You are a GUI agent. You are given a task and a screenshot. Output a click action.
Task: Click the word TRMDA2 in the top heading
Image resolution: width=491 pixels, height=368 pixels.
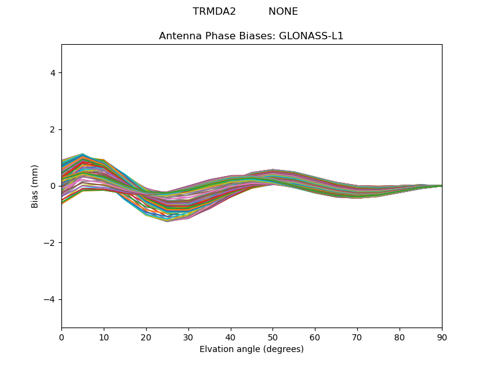pyautogui.click(x=214, y=12)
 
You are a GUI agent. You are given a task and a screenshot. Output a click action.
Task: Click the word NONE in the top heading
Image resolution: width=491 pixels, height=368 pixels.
pyautogui.click(x=283, y=12)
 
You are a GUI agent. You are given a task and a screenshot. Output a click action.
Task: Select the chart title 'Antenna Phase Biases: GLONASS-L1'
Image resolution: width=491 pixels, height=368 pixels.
pyautogui.click(x=251, y=36)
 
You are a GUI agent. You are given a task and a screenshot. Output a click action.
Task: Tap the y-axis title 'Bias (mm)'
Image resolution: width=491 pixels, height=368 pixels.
pyautogui.click(x=35, y=186)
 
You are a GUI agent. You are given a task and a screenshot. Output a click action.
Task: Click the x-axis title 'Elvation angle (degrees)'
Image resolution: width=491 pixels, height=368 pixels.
pyautogui.click(x=251, y=350)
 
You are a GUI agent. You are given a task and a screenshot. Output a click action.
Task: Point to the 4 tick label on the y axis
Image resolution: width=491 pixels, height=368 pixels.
pyautogui.click(x=53, y=73)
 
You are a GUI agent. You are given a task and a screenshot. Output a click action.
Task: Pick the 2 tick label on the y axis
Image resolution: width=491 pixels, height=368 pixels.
pyautogui.click(x=53, y=129)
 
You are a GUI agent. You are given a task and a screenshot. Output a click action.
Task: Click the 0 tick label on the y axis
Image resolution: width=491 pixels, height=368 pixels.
pyautogui.click(x=53, y=186)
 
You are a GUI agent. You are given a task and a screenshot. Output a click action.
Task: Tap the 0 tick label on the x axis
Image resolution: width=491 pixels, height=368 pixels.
pyautogui.click(x=61, y=337)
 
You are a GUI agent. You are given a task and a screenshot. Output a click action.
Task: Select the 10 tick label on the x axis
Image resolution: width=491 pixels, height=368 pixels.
pyautogui.click(x=104, y=337)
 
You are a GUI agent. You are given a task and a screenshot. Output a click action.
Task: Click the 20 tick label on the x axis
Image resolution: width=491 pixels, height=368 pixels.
pyautogui.click(x=146, y=337)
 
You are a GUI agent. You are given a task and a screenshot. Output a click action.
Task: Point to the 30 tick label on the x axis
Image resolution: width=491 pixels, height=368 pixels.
pyautogui.click(x=188, y=337)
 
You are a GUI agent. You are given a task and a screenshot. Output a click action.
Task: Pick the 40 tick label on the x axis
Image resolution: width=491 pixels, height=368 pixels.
pyautogui.click(x=231, y=337)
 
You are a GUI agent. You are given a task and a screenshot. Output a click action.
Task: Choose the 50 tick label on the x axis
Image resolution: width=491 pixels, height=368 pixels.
pyautogui.click(x=273, y=337)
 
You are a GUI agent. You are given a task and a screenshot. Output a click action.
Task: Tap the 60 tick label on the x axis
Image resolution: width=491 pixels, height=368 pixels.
pyautogui.click(x=315, y=337)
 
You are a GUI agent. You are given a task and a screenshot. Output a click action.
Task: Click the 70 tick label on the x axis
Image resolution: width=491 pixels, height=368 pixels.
pyautogui.click(x=357, y=337)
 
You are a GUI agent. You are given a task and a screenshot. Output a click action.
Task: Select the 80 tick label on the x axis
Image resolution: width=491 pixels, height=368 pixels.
pyautogui.click(x=400, y=337)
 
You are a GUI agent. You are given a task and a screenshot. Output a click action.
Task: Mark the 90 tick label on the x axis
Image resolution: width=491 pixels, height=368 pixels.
pyautogui.click(x=442, y=337)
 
